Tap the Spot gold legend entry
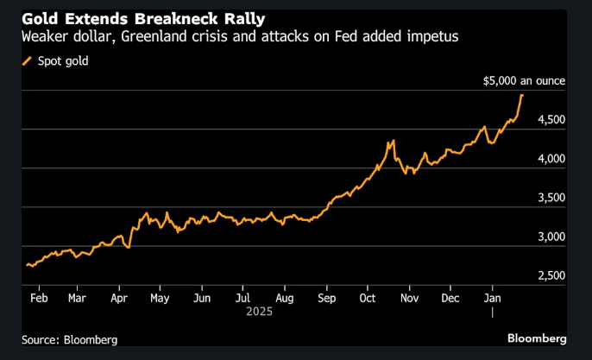pyautogui.click(x=60, y=60)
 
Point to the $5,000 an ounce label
pyautogui.click(x=523, y=81)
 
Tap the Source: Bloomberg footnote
pyautogui.click(x=70, y=339)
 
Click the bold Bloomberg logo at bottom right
pyautogui.click(x=537, y=338)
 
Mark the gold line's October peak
pyautogui.click(x=393, y=141)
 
